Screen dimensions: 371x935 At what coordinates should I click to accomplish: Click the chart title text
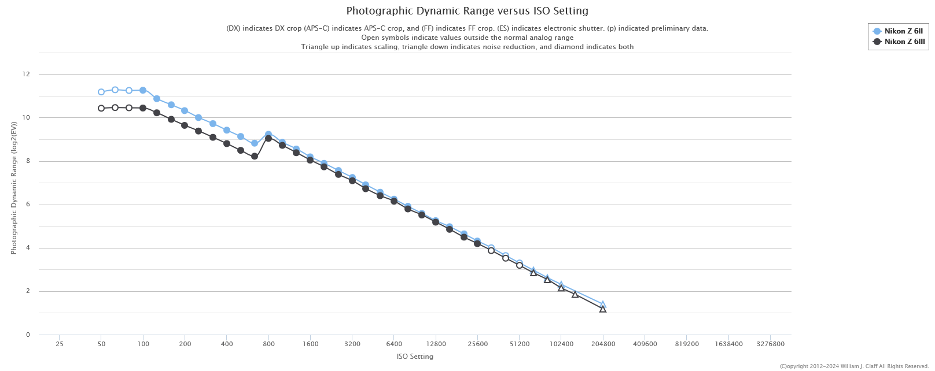(467, 11)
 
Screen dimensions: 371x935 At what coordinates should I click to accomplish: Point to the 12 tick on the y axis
(26, 74)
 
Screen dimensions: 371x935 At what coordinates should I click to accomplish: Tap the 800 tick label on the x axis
(268, 344)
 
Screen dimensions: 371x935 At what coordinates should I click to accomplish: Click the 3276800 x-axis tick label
(770, 344)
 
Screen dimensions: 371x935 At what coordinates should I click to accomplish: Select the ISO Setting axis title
(415, 357)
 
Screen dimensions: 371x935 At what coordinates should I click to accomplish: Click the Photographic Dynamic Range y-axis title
(14, 188)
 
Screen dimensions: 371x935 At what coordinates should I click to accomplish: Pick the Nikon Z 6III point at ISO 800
(268, 138)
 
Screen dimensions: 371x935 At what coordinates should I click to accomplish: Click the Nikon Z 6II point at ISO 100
(143, 90)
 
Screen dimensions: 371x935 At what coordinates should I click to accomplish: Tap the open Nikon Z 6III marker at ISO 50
(101, 108)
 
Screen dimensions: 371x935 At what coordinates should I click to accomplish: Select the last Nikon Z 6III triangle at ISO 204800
(603, 309)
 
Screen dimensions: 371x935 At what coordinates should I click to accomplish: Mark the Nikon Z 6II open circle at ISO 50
(101, 92)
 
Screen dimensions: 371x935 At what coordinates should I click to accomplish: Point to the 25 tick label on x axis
(60, 344)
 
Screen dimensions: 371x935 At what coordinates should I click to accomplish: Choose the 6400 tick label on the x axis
(394, 344)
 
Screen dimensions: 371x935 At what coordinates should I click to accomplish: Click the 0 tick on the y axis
(28, 335)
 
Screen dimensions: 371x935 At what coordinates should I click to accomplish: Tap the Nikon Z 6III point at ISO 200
(185, 125)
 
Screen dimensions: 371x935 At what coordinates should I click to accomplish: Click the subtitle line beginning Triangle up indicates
(467, 47)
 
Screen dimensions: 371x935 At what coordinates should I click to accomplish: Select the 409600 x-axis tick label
(645, 344)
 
